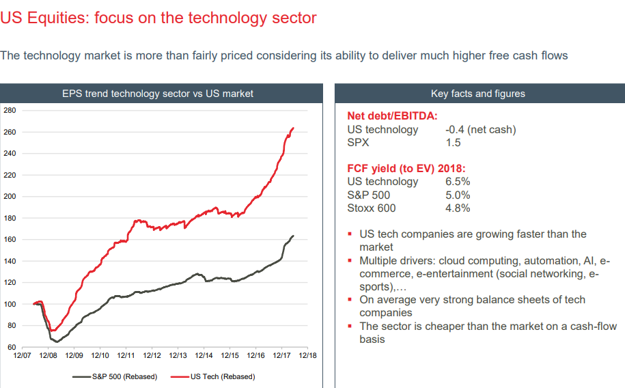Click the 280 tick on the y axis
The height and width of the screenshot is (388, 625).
click(x=9, y=110)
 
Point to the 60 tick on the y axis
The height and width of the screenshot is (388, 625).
click(x=11, y=347)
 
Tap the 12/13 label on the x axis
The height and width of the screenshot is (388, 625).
click(x=178, y=356)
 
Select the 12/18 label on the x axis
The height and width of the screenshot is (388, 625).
click(x=307, y=356)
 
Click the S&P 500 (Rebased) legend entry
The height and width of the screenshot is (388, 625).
click(x=124, y=376)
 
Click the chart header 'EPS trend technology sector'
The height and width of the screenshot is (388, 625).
click(x=158, y=94)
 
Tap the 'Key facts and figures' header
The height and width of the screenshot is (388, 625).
click(x=478, y=94)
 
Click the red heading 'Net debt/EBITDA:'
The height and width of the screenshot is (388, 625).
click(x=392, y=116)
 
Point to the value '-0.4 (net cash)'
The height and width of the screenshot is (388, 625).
click(x=480, y=129)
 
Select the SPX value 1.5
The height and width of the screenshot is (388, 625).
click(x=452, y=142)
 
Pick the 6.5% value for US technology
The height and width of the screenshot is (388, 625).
click(x=457, y=182)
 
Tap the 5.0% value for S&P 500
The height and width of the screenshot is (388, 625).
click(x=457, y=195)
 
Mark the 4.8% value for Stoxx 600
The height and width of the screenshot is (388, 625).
click(x=457, y=208)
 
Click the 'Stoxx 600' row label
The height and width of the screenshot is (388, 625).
click(x=372, y=208)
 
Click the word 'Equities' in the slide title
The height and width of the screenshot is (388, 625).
click(x=57, y=18)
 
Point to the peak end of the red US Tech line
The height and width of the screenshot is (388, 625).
click(x=293, y=128)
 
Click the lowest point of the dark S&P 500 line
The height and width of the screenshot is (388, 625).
click(x=57, y=342)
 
